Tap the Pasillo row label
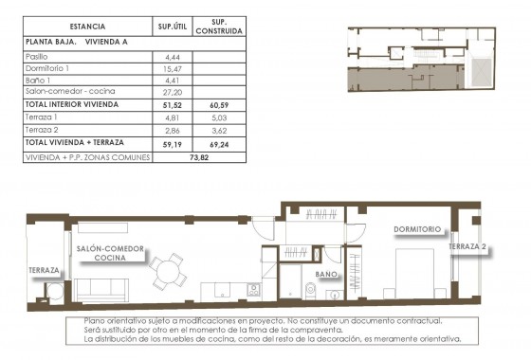pos(37,57)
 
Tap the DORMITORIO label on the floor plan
pos(418,229)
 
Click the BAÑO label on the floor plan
pos(327,275)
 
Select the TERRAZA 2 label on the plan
pos(468,246)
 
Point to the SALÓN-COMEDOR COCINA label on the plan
pos(110,252)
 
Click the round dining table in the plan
pos(171,270)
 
